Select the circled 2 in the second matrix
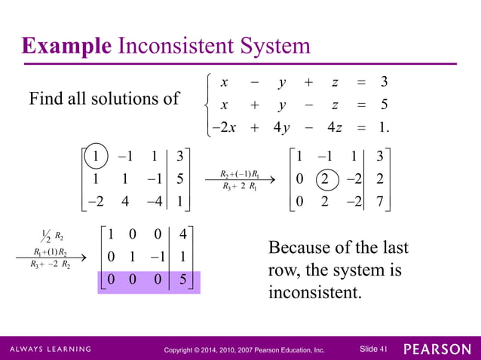[x=323, y=180]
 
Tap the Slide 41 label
[x=373, y=349]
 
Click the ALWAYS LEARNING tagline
[x=51, y=349]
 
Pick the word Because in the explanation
[x=304, y=248]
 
